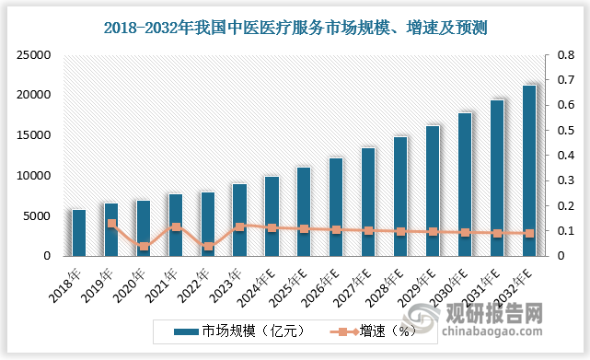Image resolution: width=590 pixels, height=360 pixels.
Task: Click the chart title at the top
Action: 294,29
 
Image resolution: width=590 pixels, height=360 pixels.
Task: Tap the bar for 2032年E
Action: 528,170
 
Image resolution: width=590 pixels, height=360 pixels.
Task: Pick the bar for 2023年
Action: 239,220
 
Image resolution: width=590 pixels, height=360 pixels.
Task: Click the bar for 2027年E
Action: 368,202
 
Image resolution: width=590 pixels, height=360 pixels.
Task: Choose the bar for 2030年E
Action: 465,184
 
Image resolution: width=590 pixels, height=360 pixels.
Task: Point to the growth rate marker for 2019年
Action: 111,223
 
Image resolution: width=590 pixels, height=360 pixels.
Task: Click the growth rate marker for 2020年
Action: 144,246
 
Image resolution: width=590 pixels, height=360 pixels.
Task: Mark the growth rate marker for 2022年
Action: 208,246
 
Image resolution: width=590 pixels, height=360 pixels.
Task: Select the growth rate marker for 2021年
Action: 176,226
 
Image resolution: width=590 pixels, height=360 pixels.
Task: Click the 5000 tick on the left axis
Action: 34,216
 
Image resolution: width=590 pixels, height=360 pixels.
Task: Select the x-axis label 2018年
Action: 73,277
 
